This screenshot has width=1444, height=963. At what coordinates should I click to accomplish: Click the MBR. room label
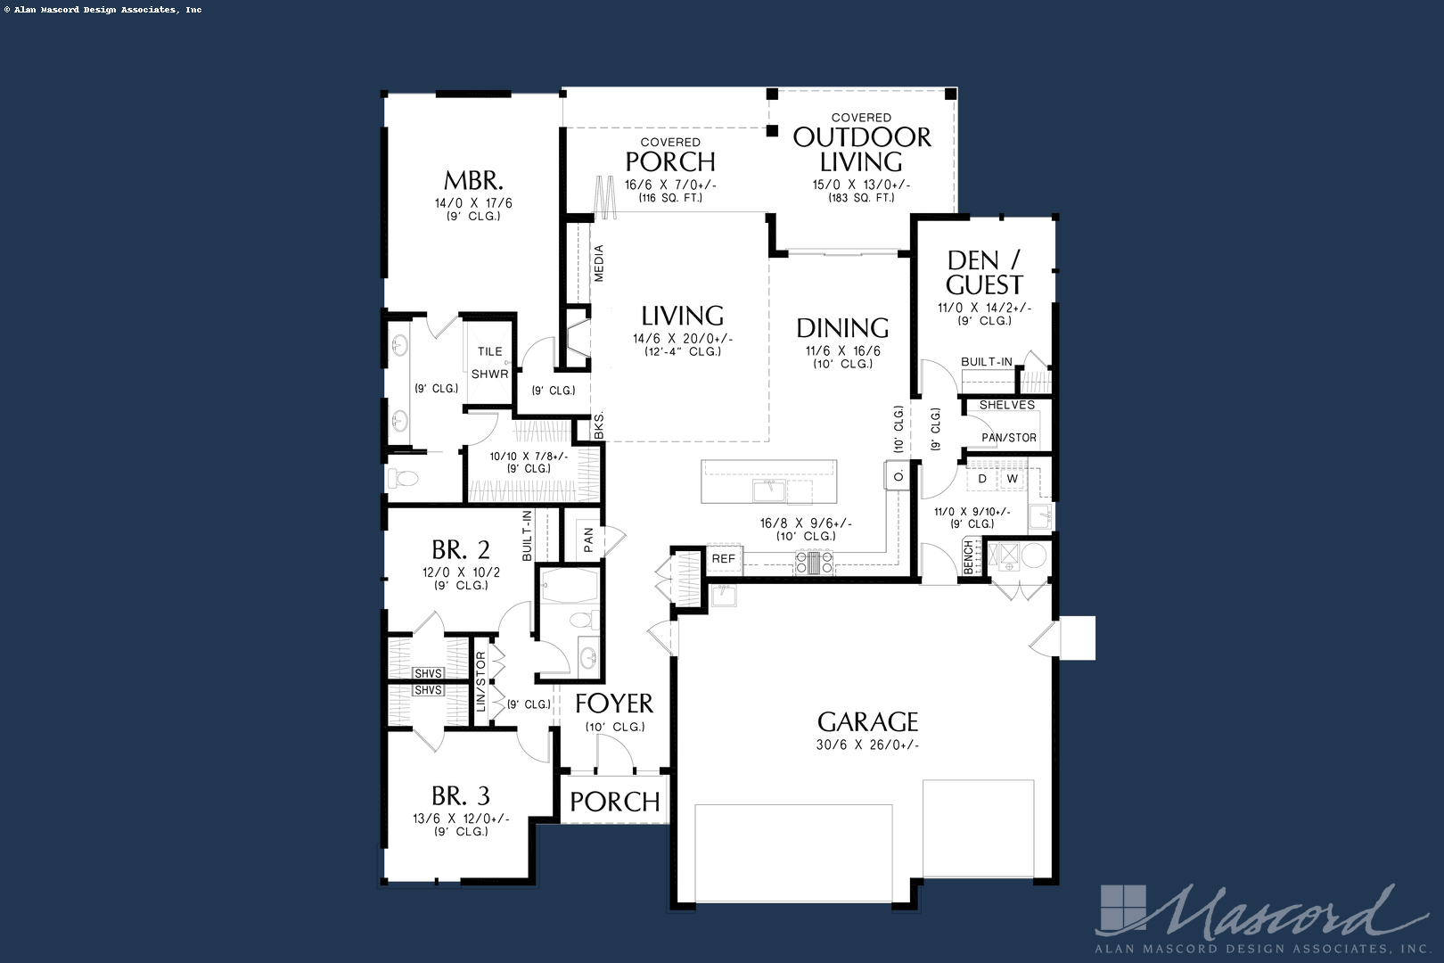pyautogui.click(x=474, y=180)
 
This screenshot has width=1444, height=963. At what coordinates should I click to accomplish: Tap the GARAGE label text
pyautogui.click(x=867, y=721)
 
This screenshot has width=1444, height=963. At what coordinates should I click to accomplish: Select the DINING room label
pyautogui.click(x=842, y=328)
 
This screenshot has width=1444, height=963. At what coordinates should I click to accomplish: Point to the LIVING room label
pyautogui.click(x=682, y=316)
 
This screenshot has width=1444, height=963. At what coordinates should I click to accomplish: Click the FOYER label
pyautogui.click(x=614, y=704)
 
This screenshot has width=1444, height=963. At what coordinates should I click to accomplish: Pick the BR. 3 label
pyautogui.click(x=461, y=795)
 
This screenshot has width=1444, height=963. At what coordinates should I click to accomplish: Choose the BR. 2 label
pyautogui.click(x=461, y=549)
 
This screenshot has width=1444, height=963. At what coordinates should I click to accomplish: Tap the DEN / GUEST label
pyautogui.click(x=984, y=273)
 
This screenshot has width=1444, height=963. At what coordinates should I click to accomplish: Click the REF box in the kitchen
pyautogui.click(x=724, y=559)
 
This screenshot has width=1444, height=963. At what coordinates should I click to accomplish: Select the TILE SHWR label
pyautogui.click(x=489, y=363)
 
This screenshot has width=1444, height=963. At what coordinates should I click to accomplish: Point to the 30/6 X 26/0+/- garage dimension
pyautogui.click(x=867, y=745)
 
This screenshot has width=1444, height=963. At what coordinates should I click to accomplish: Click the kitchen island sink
pyautogui.click(x=767, y=490)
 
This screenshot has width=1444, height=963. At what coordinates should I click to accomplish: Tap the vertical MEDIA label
pyautogui.click(x=599, y=263)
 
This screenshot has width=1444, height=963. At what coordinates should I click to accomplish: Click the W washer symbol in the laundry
pyautogui.click(x=1012, y=479)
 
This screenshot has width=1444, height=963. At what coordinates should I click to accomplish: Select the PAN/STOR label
pyautogui.click(x=1009, y=438)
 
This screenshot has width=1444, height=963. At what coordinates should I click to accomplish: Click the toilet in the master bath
pyautogui.click(x=404, y=479)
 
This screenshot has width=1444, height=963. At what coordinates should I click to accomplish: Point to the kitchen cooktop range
pyautogui.click(x=814, y=562)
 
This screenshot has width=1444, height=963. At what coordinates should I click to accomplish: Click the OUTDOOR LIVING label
pyautogui.click(x=862, y=149)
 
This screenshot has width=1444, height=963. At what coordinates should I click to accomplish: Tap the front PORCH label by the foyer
pyautogui.click(x=615, y=802)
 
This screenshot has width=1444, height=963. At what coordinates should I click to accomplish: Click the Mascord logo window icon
pyautogui.click(x=1121, y=908)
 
